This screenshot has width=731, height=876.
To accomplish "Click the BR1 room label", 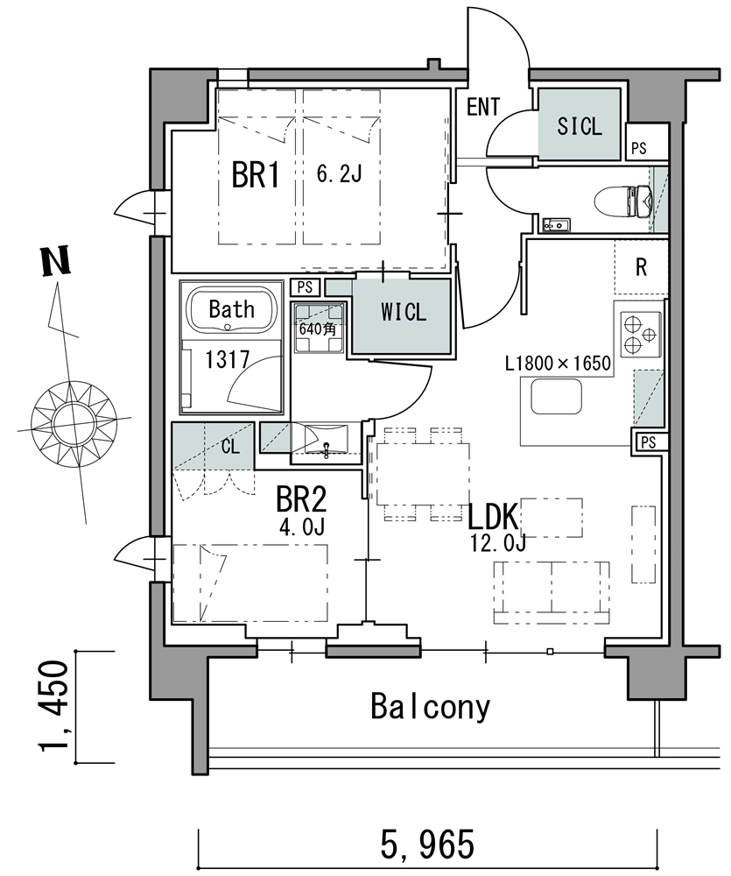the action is tap(255, 175).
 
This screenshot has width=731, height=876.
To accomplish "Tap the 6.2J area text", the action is tap(339, 174).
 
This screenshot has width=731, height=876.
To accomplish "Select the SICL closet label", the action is tap(580, 125).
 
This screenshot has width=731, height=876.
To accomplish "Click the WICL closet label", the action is tap(404, 312).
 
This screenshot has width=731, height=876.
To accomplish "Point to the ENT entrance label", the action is tap(482, 108).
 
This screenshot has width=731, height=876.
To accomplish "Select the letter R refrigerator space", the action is tap(641, 267).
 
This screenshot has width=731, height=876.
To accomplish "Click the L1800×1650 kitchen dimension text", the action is tap(557, 363).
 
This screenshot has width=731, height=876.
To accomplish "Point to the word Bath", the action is tap(232, 308).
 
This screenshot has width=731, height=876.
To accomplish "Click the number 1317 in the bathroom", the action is tap(228, 358).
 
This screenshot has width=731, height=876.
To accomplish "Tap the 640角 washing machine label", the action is tap(316, 330).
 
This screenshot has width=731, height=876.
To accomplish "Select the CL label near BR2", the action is tap(230, 447).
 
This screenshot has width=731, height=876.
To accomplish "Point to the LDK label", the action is tap(496, 515).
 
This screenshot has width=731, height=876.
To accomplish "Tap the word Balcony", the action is tap(430, 706).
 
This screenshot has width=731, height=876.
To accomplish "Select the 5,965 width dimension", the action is tap(428, 845).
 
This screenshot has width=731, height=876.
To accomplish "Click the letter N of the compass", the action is tap(56, 263).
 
